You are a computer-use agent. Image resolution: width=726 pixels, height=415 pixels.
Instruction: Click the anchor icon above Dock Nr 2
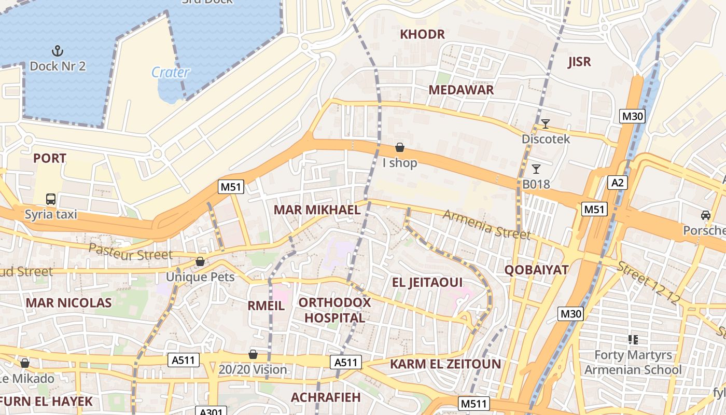pyautogui.click(x=58, y=51)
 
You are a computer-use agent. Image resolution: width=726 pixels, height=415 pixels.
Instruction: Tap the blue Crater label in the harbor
pyautogui.click(x=170, y=72)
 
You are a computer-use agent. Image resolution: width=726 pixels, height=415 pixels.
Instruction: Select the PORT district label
pyautogui.click(x=50, y=158)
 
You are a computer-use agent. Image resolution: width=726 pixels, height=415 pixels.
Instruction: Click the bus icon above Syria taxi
pyautogui.click(x=51, y=199)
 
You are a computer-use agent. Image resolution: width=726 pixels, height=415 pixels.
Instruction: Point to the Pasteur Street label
pyautogui.click(x=130, y=252)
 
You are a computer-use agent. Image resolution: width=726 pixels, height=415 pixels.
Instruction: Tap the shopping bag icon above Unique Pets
pyautogui.click(x=200, y=262)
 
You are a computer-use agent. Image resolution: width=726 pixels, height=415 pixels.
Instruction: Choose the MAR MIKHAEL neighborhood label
pyautogui.click(x=317, y=210)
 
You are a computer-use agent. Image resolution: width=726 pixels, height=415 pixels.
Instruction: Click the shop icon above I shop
pyautogui.click(x=400, y=148)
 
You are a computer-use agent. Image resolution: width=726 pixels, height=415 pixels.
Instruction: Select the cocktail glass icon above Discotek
pyautogui.click(x=545, y=124)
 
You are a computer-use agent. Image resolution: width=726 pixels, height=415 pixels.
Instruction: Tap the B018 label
pyautogui.click(x=536, y=184)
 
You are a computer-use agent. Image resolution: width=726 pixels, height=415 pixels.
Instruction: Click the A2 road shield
pyautogui.click(x=618, y=183)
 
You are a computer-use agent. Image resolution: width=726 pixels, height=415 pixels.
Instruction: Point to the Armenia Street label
pyautogui.click(x=486, y=224)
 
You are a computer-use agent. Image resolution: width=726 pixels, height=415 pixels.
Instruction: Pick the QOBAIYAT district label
pyautogui.click(x=537, y=270)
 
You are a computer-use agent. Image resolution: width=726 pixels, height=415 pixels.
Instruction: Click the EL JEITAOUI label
pyautogui.click(x=427, y=282)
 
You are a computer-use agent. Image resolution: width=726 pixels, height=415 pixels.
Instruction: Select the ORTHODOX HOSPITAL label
pyautogui.click(x=334, y=310)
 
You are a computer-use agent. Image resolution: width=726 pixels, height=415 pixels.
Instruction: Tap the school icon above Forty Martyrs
pyautogui.click(x=633, y=340)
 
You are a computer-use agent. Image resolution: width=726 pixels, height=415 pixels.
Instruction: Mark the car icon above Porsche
pyautogui.click(x=705, y=215)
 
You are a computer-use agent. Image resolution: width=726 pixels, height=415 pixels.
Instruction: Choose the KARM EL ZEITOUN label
pyautogui.click(x=445, y=364)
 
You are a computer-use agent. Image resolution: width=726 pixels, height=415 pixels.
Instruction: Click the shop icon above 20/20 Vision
pyautogui.click(x=253, y=354)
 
